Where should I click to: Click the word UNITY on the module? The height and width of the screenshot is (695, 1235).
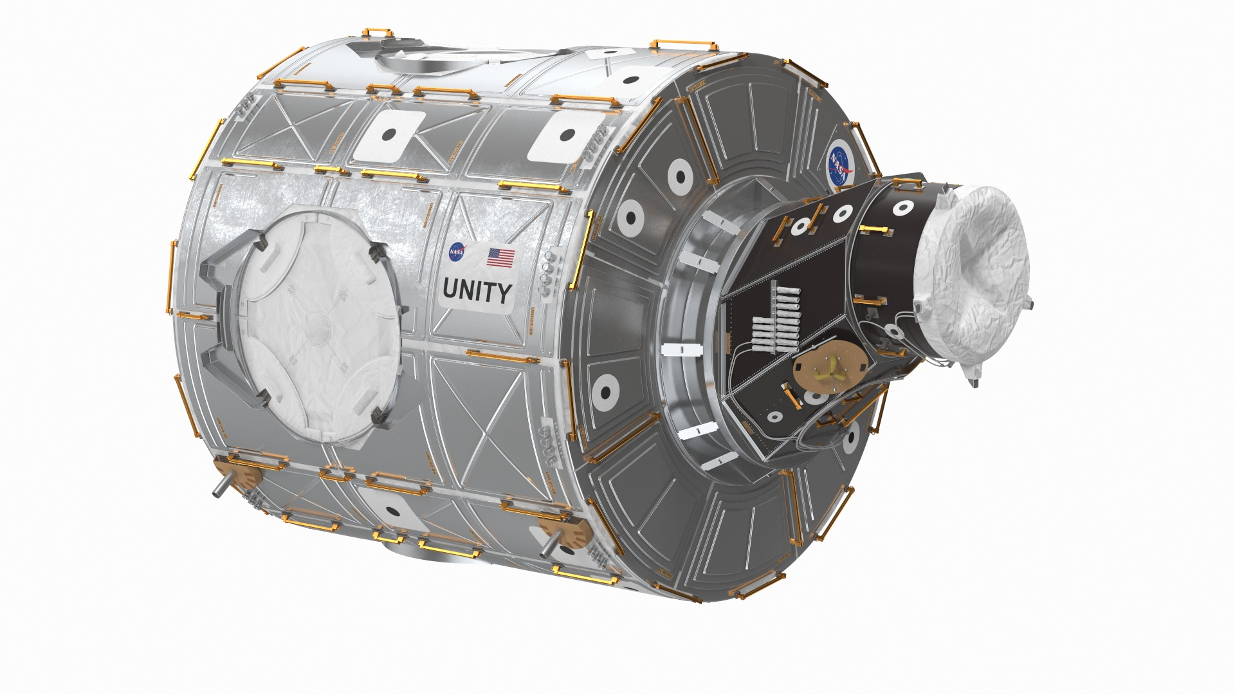click(x=477, y=293)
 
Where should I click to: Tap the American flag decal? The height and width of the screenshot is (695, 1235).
click(x=500, y=257)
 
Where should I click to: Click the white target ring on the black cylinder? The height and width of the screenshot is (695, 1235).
click(x=902, y=207)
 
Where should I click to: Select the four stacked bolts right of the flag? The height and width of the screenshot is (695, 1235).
click(x=548, y=270)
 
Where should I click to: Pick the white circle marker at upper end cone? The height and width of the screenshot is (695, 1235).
click(x=679, y=173)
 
